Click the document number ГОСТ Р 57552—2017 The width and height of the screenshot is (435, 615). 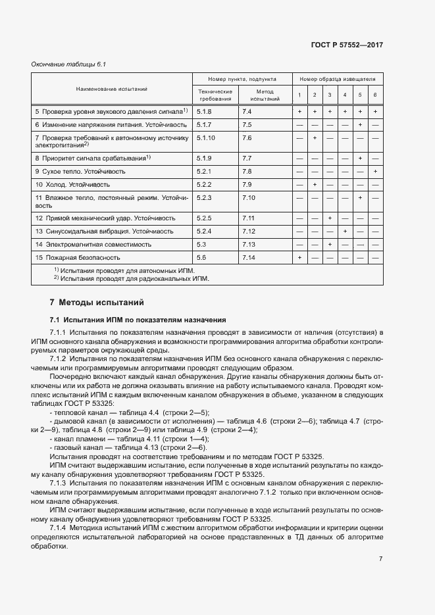[346, 45]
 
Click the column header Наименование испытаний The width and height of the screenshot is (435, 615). [111, 88]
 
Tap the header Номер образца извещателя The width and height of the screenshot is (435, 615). [337, 78]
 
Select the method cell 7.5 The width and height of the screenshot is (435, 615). [247, 124]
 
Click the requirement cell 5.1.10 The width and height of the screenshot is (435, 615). [206, 138]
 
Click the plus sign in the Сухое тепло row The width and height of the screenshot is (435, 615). [375, 171]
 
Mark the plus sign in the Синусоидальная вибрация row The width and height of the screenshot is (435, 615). [345, 231]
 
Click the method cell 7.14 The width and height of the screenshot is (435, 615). [249, 258]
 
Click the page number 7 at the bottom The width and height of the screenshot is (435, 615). [380, 558]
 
